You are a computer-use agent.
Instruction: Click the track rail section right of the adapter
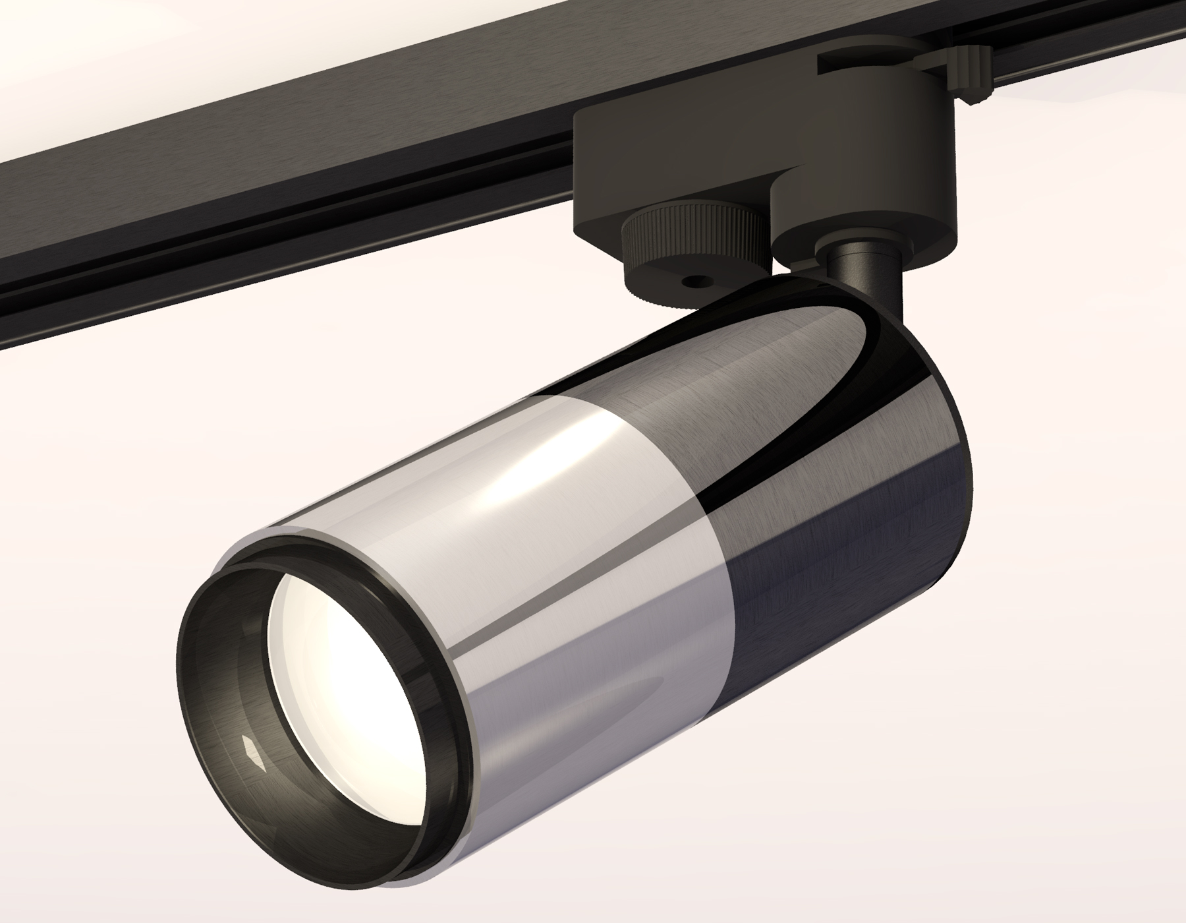pos(1087,40)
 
